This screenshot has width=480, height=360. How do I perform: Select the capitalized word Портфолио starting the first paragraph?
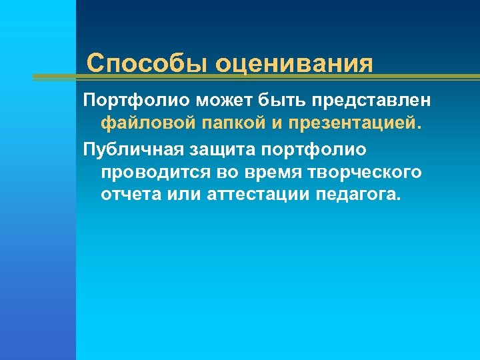[x=136, y=100]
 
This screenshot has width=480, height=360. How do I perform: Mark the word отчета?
[x=131, y=195]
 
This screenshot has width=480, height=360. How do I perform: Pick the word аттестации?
[x=257, y=195]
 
